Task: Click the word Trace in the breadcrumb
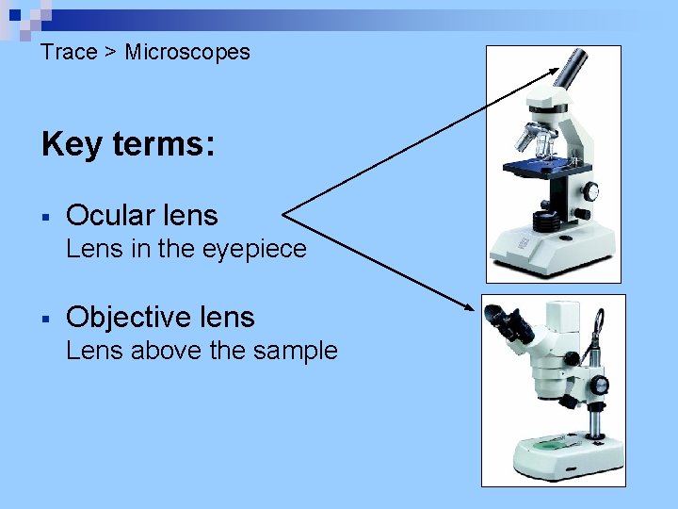pyautogui.click(x=69, y=52)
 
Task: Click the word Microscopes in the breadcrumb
pyautogui.click(x=187, y=52)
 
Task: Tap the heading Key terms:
pyautogui.click(x=128, y=145)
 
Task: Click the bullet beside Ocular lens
pyautogui.click(x=46, y=217)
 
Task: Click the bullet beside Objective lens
pyautogui.click(x=46, y=319)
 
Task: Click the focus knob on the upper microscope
pyautogui.click(x=589, y=191)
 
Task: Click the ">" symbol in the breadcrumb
pyautogui.click(x=110, y=52)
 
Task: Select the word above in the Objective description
pyautogui.click(x=166, y=351)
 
